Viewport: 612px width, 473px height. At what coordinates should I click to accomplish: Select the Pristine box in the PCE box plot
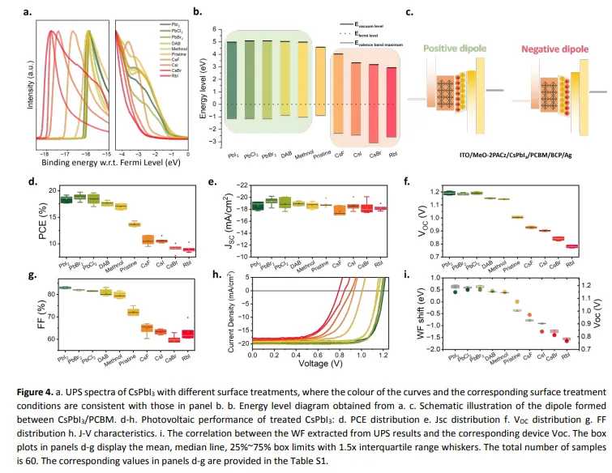pyautogui.click(x=135, y=224)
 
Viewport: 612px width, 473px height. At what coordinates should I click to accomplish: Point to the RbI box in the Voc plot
pyautogui.click(x=572, y=246)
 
